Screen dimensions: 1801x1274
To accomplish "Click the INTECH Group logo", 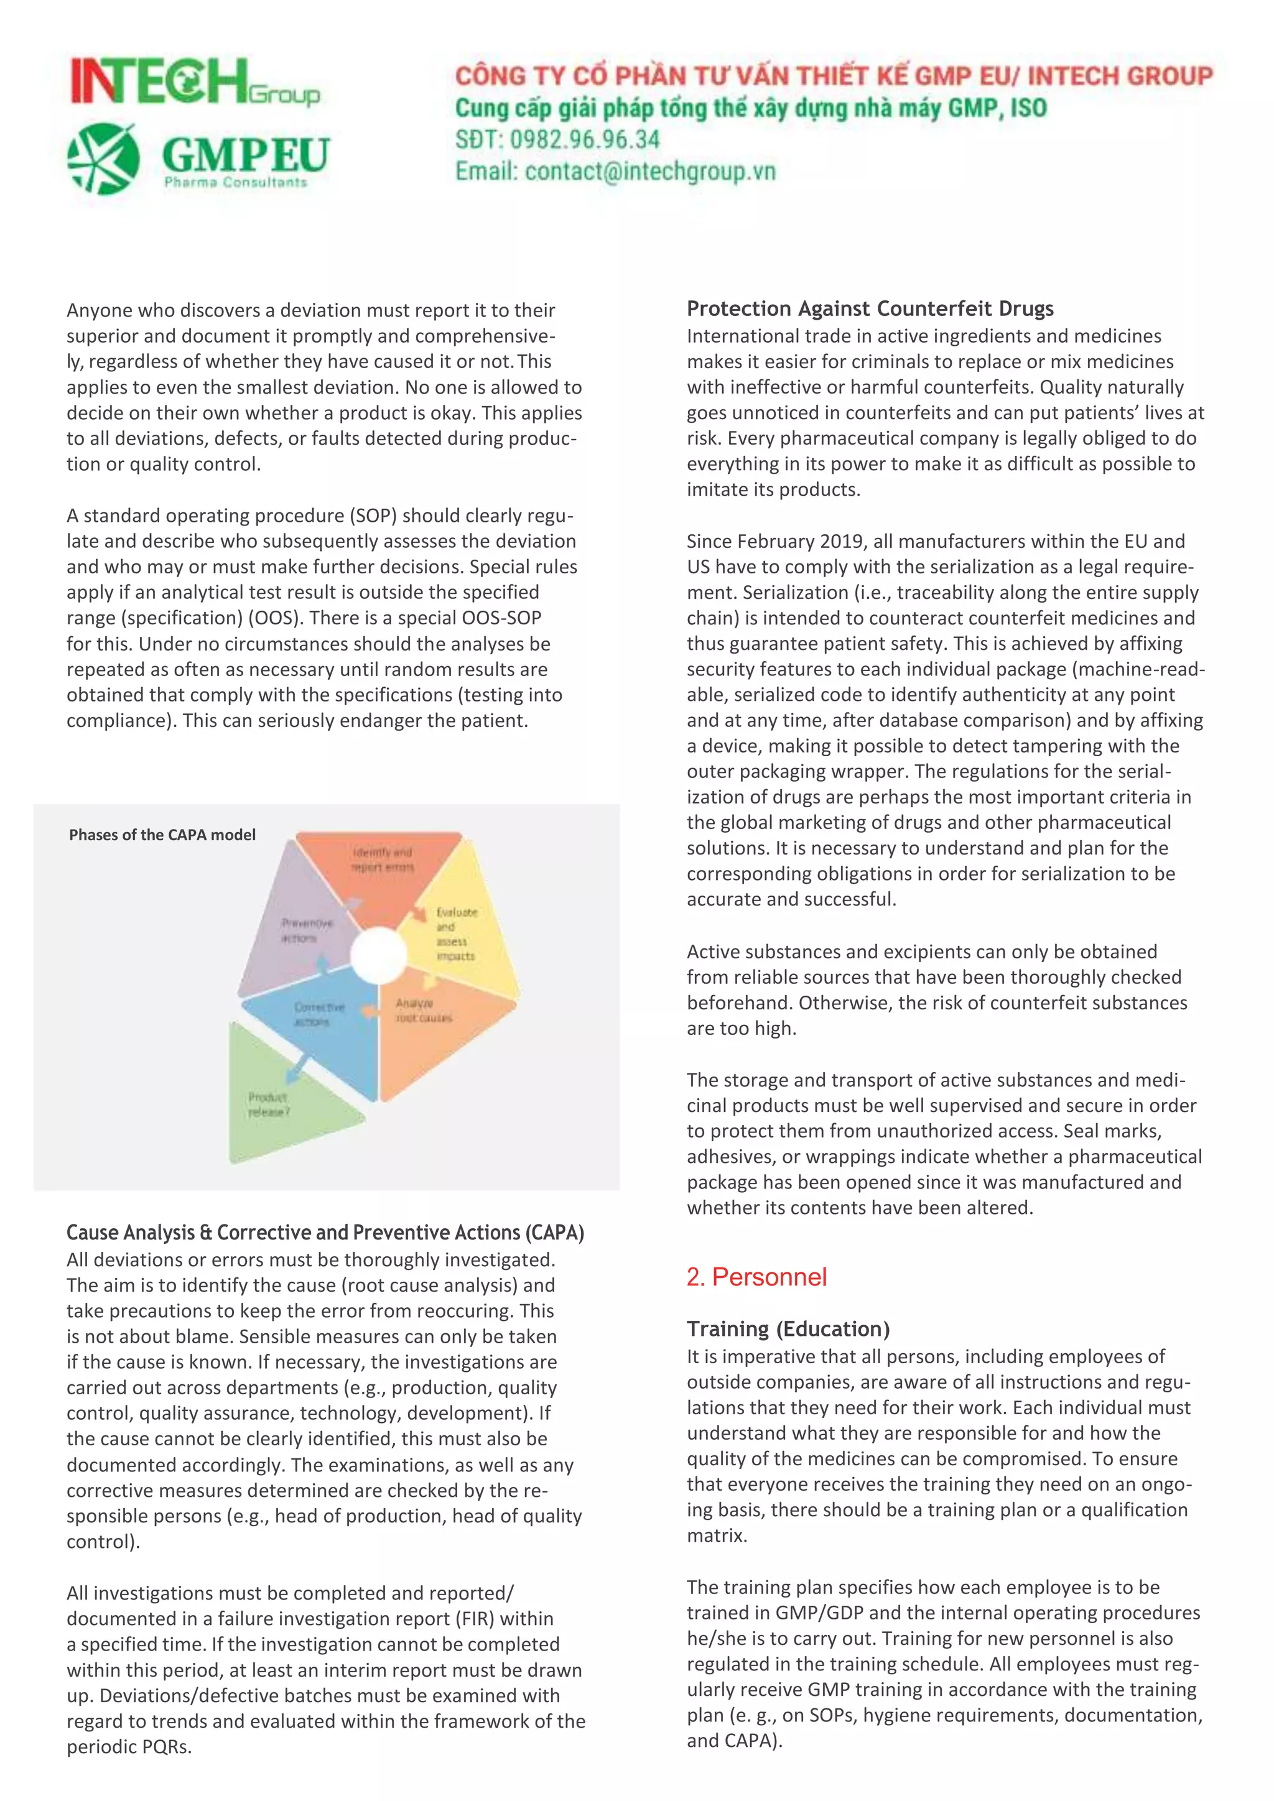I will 195,82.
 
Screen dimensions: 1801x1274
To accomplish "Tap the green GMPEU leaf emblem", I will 103,159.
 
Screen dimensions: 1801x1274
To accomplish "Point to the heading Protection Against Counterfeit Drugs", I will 870,308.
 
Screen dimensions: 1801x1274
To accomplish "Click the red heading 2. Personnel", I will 756,1277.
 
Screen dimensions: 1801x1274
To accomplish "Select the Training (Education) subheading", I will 788,1329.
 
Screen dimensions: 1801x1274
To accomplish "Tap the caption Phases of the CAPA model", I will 162,835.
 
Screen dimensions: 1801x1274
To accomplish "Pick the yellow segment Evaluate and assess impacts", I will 459,937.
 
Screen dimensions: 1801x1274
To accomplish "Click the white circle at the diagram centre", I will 379,955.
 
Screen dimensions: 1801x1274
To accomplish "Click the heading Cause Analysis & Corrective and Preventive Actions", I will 325,1233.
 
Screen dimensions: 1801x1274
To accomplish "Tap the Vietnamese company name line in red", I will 833,76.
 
